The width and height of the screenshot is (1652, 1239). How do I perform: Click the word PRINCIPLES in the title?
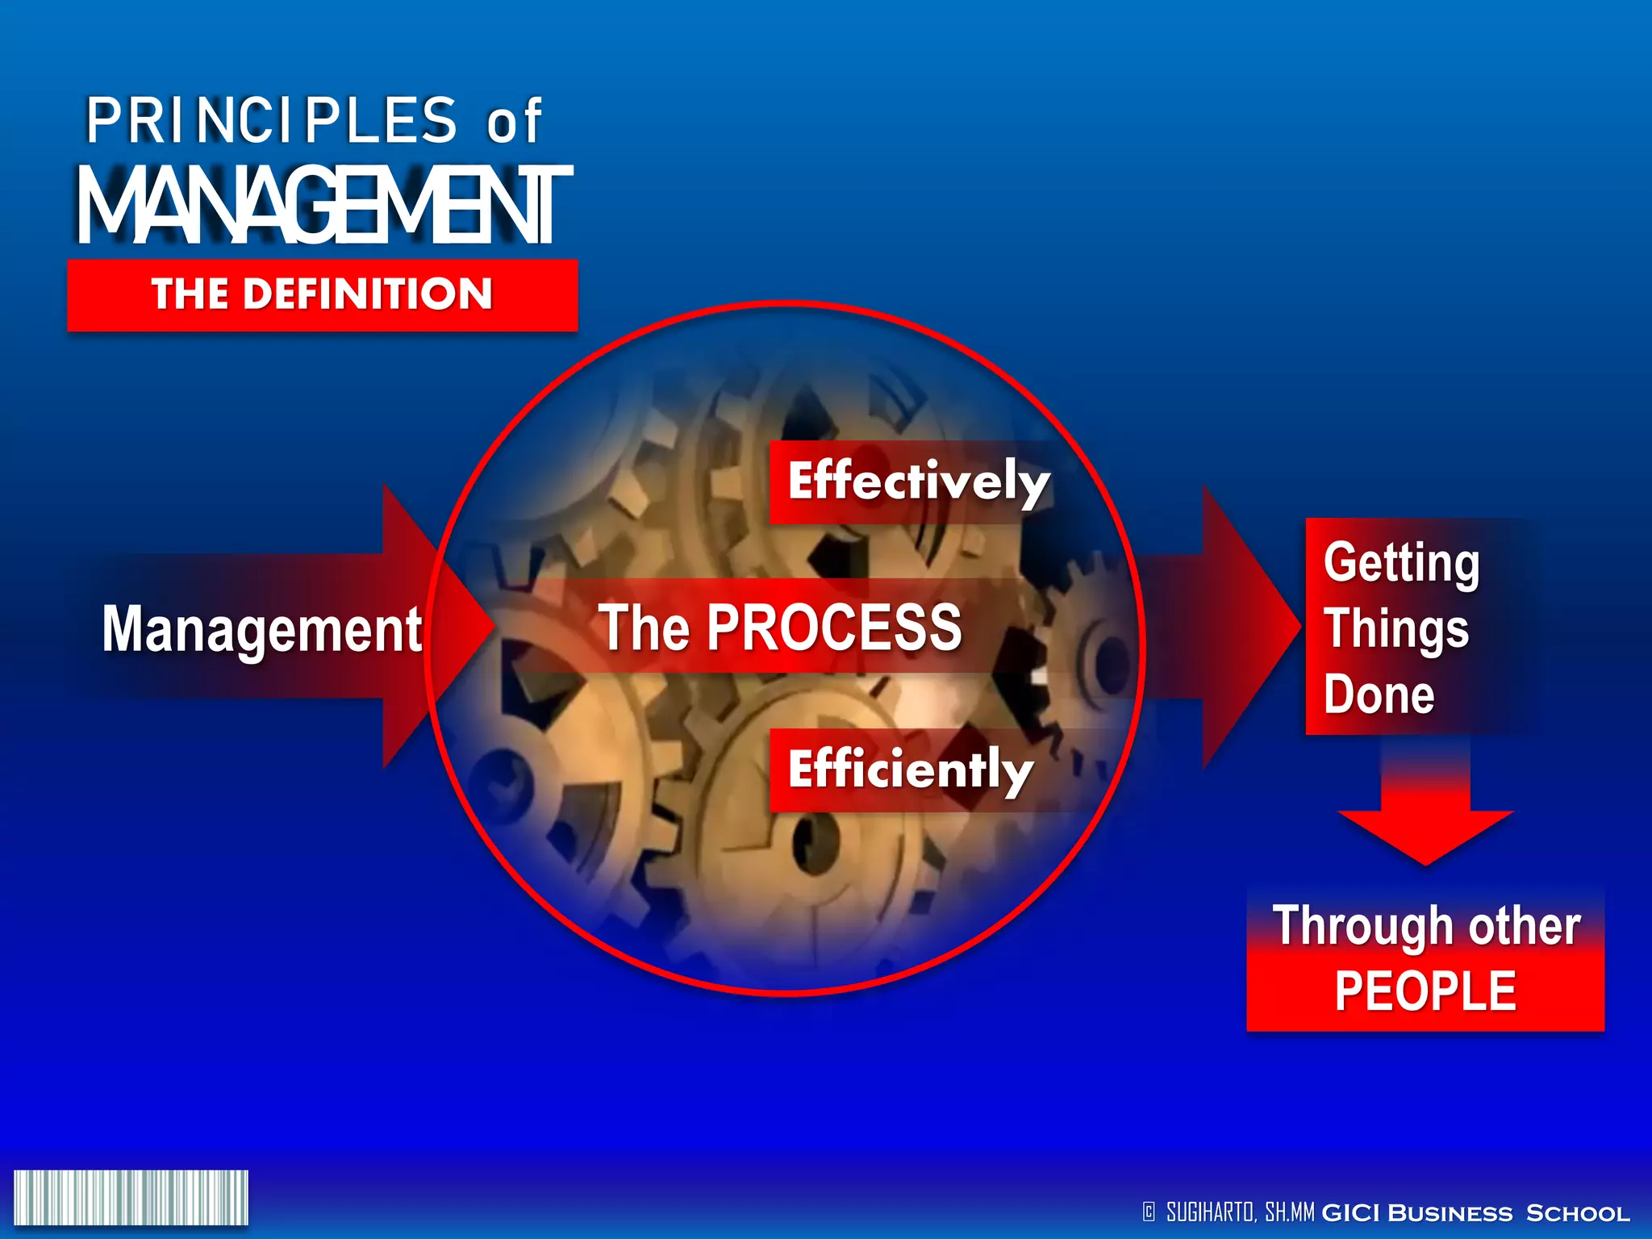[x=271, y=121]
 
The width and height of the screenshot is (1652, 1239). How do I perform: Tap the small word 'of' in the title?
[x=514, y=123]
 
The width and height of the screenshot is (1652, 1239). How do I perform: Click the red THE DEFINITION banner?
[x=322, y=294]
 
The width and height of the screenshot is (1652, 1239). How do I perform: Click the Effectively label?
[x=918, y=482]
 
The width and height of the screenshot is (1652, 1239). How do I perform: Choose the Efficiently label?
[x=910, y=770]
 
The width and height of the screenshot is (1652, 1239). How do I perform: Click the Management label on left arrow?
[x=261, y=629]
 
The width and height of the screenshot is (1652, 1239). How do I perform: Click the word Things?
[x=1395, y=629]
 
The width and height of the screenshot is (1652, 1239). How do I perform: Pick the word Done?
[x=1379, y=695]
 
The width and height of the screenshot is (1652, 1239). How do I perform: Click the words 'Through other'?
[x=1425, y=925]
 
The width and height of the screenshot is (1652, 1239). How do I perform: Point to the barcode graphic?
[x=131, y=1197]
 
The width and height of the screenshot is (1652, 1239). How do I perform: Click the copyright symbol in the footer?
[x=1149, y=1212]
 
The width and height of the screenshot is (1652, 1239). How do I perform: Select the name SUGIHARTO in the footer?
[x=1209, y=1212]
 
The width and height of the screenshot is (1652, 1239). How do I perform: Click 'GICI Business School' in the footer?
[x=1475, y=1212]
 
